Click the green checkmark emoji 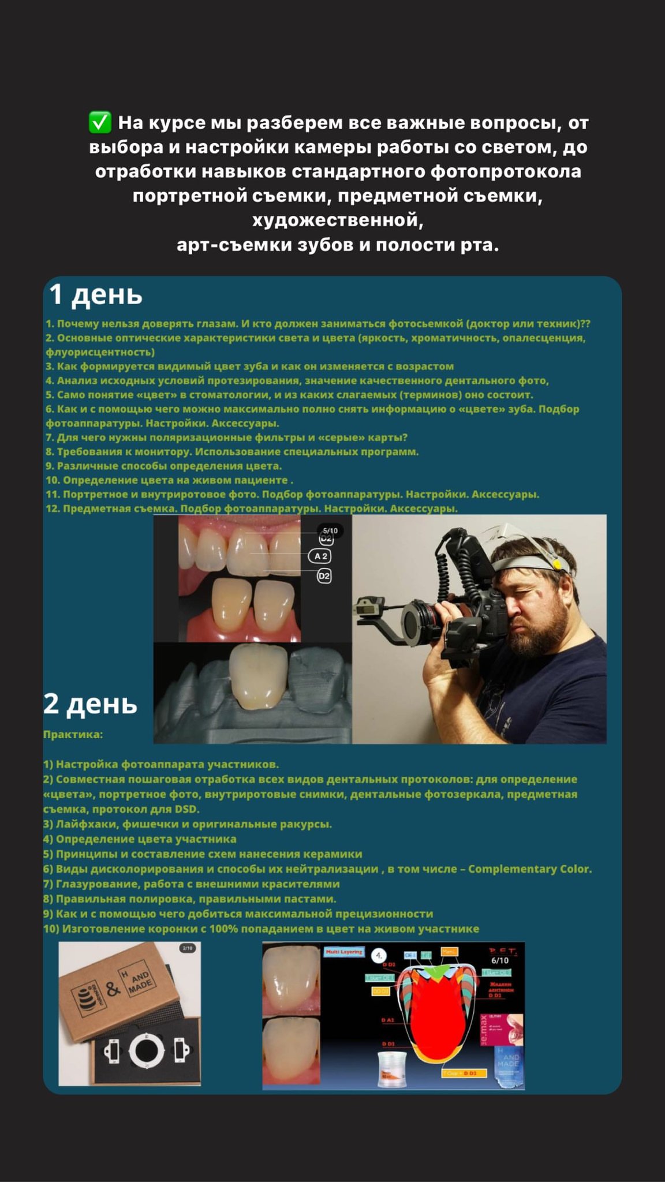pos(100,122)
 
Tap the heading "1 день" pos(96,294)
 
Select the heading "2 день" pos(90,704)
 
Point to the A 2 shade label pos(321,556)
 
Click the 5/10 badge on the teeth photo pos(330,530)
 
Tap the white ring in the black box pos(147,1050)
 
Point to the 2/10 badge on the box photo pos(188,948)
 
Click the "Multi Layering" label pos(344,952)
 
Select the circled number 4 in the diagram pos(379,956)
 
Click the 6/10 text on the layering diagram pos(500,960)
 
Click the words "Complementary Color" pos(529,869)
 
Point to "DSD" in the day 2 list pos(186,809)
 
